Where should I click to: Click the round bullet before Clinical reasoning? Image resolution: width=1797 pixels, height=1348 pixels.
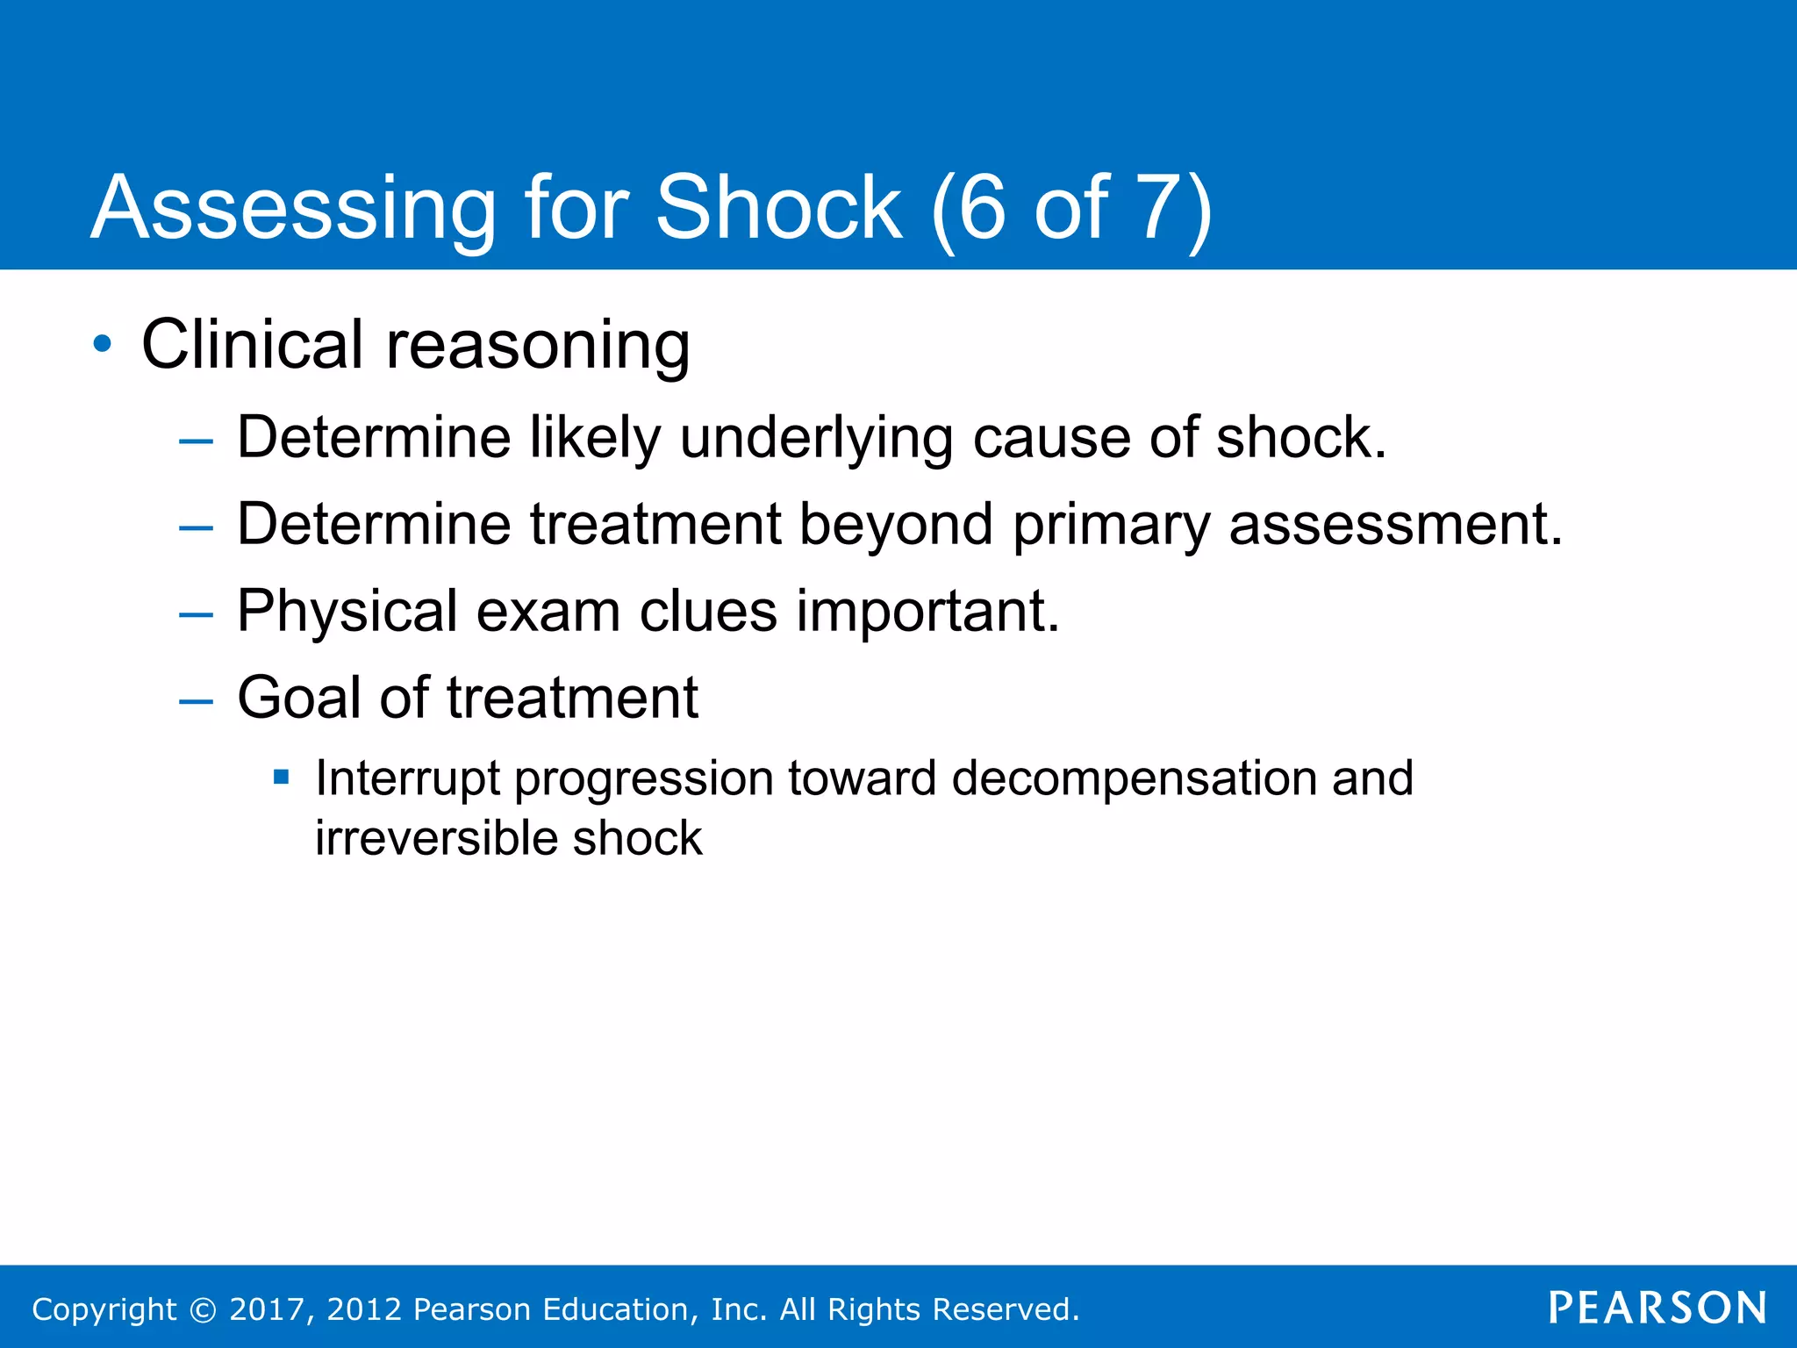tap(103, 344)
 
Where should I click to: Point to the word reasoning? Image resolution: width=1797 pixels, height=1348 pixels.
tap(538, 346)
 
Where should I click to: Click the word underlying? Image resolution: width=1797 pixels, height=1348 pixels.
tap(816, 438)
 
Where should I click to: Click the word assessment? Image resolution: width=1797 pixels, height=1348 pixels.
tap(1395, 524)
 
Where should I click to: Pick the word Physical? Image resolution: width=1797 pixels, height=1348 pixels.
tap(347, 611)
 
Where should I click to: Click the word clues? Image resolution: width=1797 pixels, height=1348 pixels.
tap(708, 611)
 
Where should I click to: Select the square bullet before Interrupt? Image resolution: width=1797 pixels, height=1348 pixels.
tap(281, 777)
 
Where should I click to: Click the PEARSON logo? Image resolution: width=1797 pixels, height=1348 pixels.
tap(1657, 1308)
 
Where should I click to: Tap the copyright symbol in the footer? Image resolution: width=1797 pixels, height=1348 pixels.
tap(203, 1309)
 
